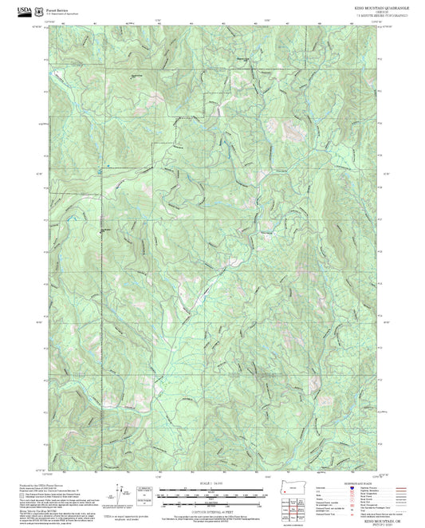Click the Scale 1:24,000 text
pyautogui.click(x=211, y=483)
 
